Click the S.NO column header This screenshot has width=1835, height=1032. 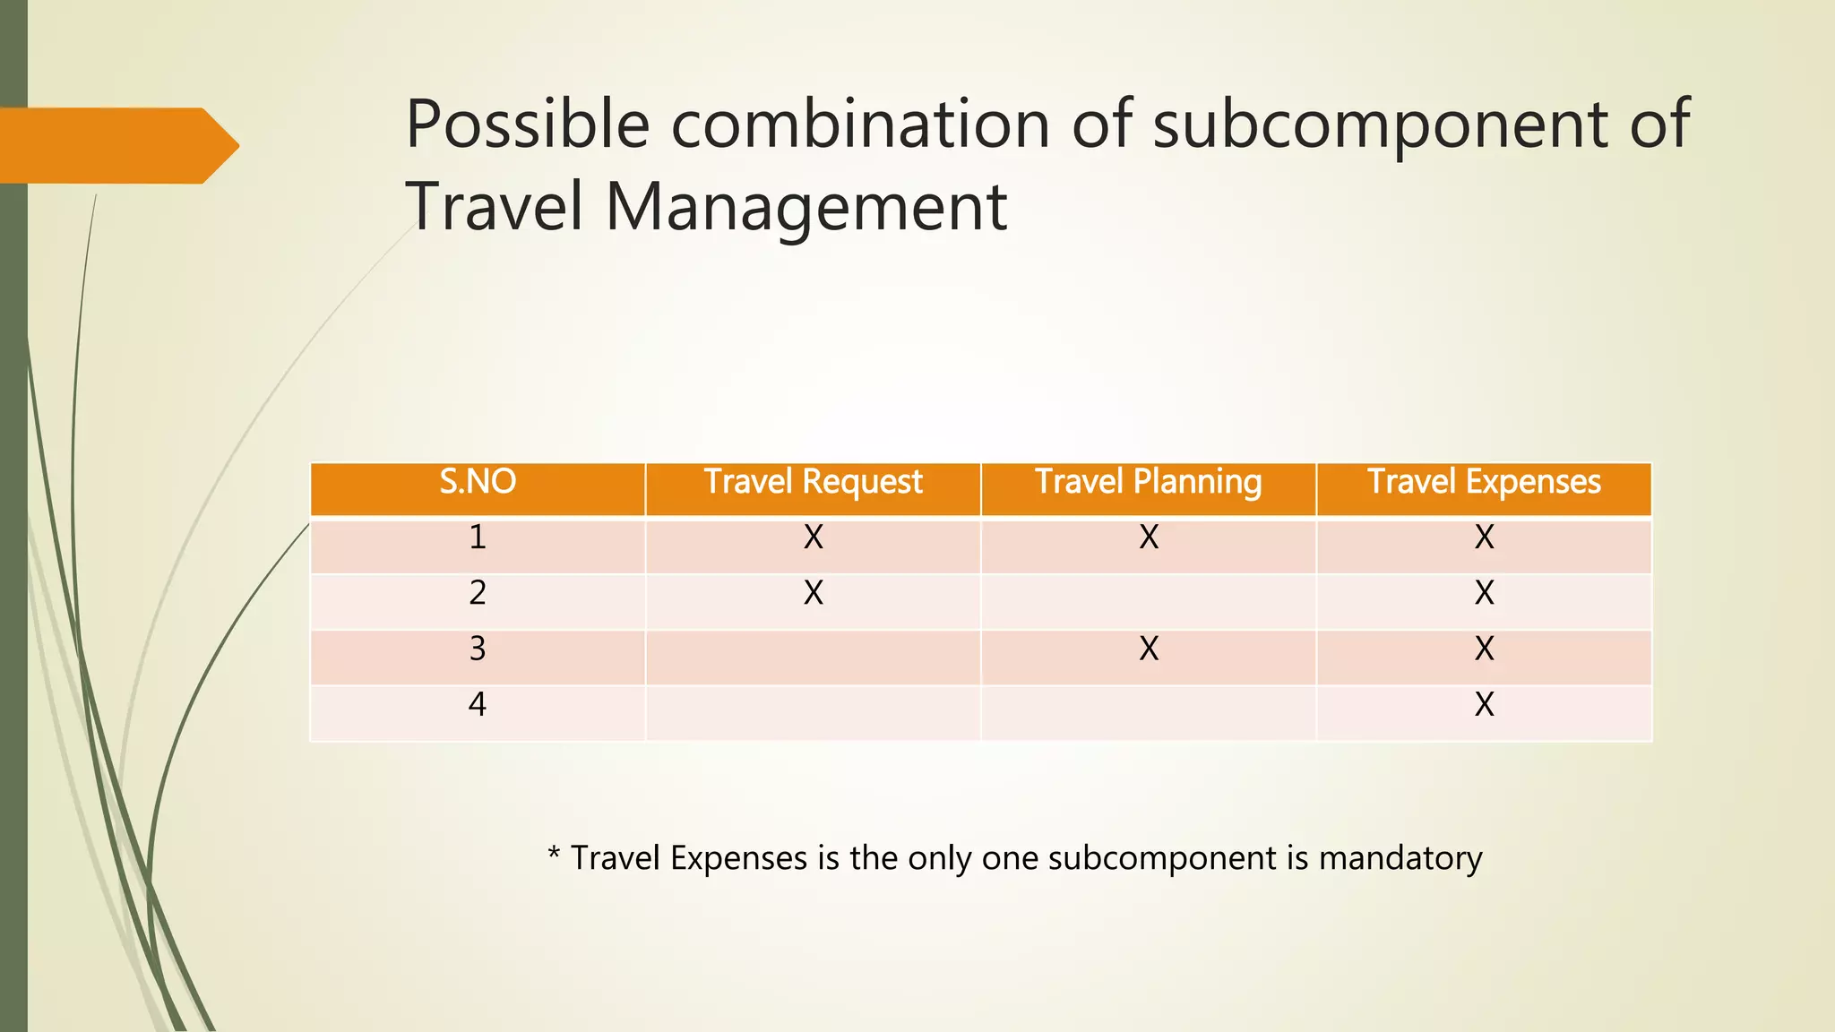click(x=478, y=483)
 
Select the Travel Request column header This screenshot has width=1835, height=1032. click(x=813, y=483)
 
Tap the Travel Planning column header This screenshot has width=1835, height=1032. click(x=1148, y=483)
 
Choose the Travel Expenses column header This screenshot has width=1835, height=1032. click(x=1484, y=483)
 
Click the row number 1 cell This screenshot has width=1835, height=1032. click(x=478, y=537)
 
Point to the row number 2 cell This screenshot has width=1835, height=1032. click(x=478, y=593)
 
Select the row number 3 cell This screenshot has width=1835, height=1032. click(x=478, y=649)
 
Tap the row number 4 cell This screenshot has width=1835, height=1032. click(x=478, y=704)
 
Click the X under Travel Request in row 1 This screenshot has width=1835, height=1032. click(x=813, y=537)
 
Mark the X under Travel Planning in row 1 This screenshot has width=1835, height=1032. click(x=1149, y=537)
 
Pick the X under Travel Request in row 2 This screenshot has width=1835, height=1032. click(x=813, y=593)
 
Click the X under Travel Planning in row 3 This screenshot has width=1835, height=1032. click(x=1149, y=649)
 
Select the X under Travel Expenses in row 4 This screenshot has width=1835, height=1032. click(x=1485, y=705)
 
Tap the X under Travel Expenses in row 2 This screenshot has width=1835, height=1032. click(x=1485, y=593)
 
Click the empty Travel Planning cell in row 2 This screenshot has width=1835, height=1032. click(x=1149, y=601)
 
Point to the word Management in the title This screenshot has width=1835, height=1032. click(x=806, y=207)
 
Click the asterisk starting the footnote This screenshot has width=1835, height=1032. click(x=554, y=853)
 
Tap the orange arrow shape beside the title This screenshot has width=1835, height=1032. click(x=116, y=145)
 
